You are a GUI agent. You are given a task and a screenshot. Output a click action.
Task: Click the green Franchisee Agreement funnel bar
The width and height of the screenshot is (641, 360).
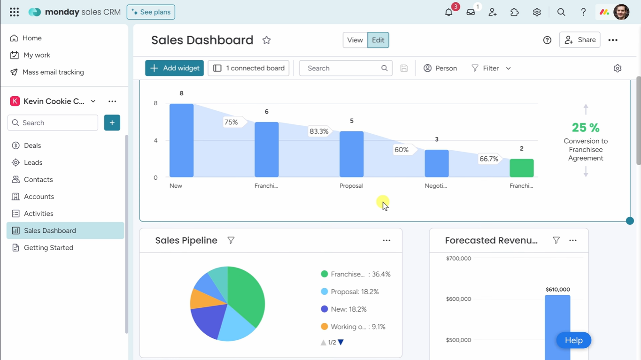[521, 168]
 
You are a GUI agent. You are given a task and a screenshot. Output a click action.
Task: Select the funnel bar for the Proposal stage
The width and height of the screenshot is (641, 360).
[351, 154]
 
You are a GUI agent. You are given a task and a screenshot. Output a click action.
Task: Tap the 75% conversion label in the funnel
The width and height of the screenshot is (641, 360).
[231, 122]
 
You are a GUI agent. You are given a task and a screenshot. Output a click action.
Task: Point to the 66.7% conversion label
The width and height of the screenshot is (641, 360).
[488, 159]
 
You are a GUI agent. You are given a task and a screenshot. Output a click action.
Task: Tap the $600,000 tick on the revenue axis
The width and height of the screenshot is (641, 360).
[458, 299]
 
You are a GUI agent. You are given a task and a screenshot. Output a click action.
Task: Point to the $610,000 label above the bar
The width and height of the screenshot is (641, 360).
[557, 290]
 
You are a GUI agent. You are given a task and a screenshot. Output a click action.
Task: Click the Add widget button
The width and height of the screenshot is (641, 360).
[174, 68]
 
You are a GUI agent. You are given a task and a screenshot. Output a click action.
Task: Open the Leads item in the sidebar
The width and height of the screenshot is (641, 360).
[33, 162]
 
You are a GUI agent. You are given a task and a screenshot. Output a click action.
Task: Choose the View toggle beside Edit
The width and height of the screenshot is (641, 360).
[355, 40]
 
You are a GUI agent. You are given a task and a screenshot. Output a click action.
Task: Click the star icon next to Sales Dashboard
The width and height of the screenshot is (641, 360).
[267, 40]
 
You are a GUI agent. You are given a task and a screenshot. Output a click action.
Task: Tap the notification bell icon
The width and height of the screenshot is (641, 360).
[448, 12]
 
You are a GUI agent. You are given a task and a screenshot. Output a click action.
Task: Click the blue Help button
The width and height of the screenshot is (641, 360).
[573, 340]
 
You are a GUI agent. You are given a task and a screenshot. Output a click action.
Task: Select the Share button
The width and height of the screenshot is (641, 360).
[579, 40]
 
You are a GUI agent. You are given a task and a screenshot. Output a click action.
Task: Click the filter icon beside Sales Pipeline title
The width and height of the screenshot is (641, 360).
[231, 240]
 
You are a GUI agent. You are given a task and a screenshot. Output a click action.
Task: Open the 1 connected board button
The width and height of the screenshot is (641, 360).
[248, 68]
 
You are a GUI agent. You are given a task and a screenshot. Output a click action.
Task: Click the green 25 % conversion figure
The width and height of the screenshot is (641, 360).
[586, 128]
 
